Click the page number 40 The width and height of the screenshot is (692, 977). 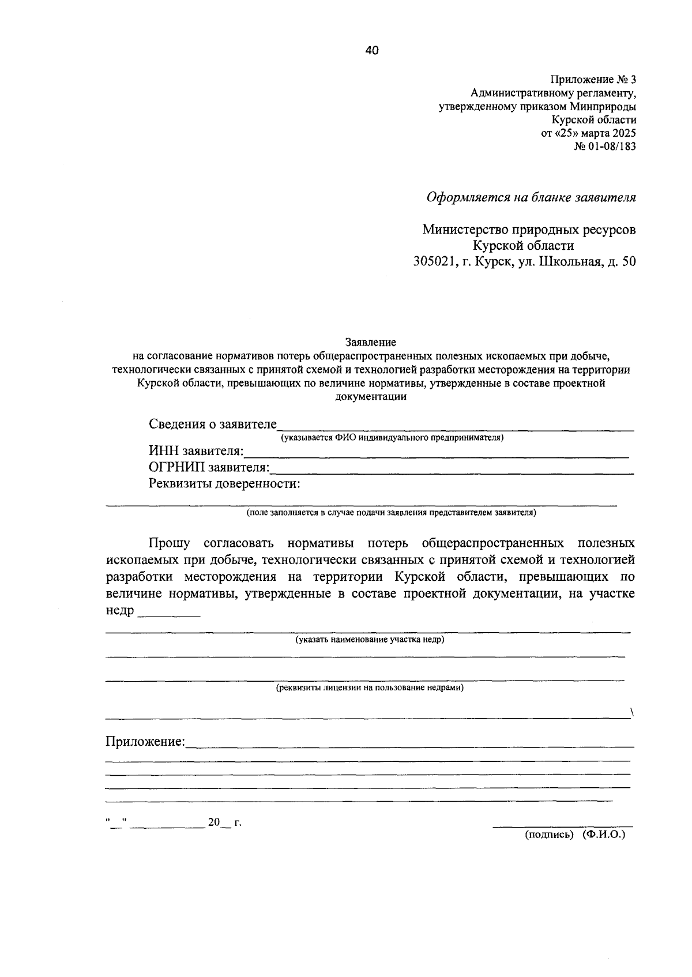pos(372,51)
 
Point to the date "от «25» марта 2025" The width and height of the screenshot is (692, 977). pos(588,133)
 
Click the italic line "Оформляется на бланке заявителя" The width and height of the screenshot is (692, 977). pos(531,198)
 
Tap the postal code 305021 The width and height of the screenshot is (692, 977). pos(436,261)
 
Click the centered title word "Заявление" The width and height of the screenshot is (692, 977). pos(371,341)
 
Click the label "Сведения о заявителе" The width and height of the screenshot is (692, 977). pos(212,424)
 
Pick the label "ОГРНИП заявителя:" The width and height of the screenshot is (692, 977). pos(209,467)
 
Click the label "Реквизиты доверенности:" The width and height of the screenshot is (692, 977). pos(224,483)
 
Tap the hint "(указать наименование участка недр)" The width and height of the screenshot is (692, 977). pos(370,640)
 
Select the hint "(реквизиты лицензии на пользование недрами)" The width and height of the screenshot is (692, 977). pos(370,687)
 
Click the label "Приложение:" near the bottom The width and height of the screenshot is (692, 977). pos(145,741)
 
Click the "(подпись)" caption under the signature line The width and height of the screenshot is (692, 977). pos(549,835)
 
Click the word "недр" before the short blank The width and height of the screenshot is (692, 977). pos(119,610)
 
